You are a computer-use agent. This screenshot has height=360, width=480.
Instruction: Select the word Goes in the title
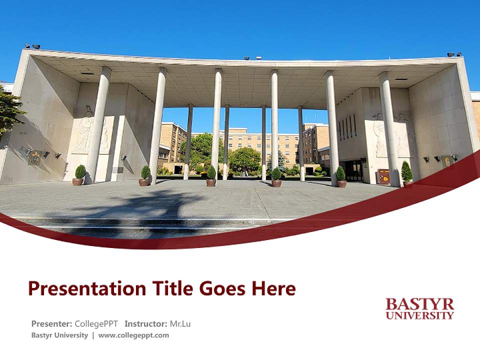click(223, 289)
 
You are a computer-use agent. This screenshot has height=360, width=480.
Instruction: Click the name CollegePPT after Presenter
click(97, 323)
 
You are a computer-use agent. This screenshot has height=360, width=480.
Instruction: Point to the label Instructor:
click(145, 323)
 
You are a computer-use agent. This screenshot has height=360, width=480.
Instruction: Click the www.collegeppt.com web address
click(133, 335)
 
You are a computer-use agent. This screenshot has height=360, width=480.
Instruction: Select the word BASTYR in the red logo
click(420, 304)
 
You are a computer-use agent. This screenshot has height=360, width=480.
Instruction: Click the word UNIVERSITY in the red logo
click(420, 315)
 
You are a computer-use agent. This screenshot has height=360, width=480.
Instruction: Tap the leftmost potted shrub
click(79, 175)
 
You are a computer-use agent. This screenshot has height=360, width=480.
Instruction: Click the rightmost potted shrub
click(406, 173)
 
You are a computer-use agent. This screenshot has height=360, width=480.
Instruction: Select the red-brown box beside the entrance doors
click(383, 176)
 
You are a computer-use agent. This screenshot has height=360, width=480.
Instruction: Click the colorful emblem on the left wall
click(34, 157)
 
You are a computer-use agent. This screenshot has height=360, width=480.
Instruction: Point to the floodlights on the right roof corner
click(454, 54)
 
